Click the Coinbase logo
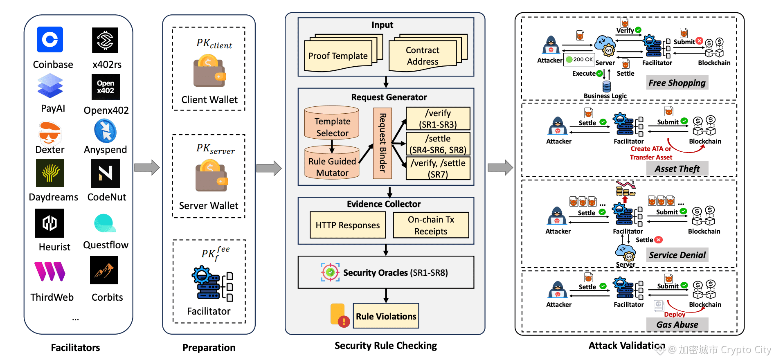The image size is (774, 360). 50,40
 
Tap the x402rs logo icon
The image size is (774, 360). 105,40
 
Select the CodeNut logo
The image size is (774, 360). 106,173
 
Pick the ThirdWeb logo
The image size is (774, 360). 50,272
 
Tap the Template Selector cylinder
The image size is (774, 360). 332,123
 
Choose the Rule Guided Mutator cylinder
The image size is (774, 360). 332,162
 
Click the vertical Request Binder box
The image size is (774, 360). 382,143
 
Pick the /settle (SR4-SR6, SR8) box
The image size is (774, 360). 438,144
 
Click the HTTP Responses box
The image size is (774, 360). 348,225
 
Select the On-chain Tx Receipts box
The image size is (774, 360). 431,225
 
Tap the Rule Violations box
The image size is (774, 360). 386,316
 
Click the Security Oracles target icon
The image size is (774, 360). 330,272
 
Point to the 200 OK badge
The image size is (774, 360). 579,59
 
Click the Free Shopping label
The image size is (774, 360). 677,83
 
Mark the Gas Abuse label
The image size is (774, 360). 677,324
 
